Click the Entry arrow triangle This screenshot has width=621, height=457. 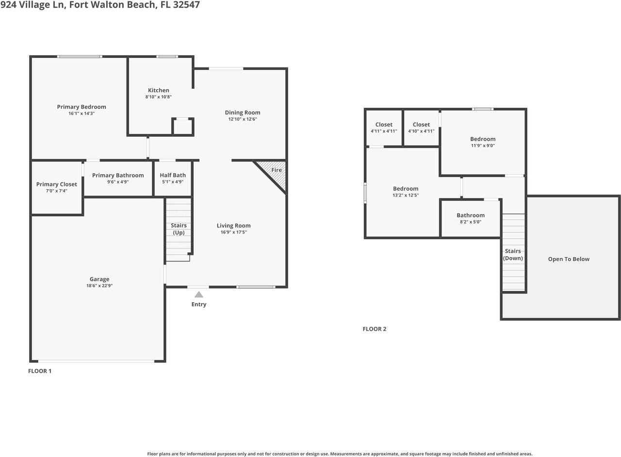point(199,294)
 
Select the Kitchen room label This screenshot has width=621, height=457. point(159,90)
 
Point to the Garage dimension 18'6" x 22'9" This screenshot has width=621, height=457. point(99,286)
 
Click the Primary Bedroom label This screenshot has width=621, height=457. point(82,107)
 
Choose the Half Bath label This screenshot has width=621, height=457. point(173,175)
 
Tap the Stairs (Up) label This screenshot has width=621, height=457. point(179,229)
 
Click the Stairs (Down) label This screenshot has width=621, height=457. point(513,255)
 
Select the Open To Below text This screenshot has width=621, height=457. point(569,259)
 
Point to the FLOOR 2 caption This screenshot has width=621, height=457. point(374,329)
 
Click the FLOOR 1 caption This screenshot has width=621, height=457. point(40,371)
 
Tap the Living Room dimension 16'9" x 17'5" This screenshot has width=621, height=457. point(233,232)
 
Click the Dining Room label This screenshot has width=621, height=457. point(243,113)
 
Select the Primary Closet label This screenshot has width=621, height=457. point(57,184)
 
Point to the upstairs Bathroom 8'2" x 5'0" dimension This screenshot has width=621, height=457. point(471,222)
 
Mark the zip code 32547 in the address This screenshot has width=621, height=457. point(186,5)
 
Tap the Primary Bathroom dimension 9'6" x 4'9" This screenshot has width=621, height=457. point(118,182)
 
